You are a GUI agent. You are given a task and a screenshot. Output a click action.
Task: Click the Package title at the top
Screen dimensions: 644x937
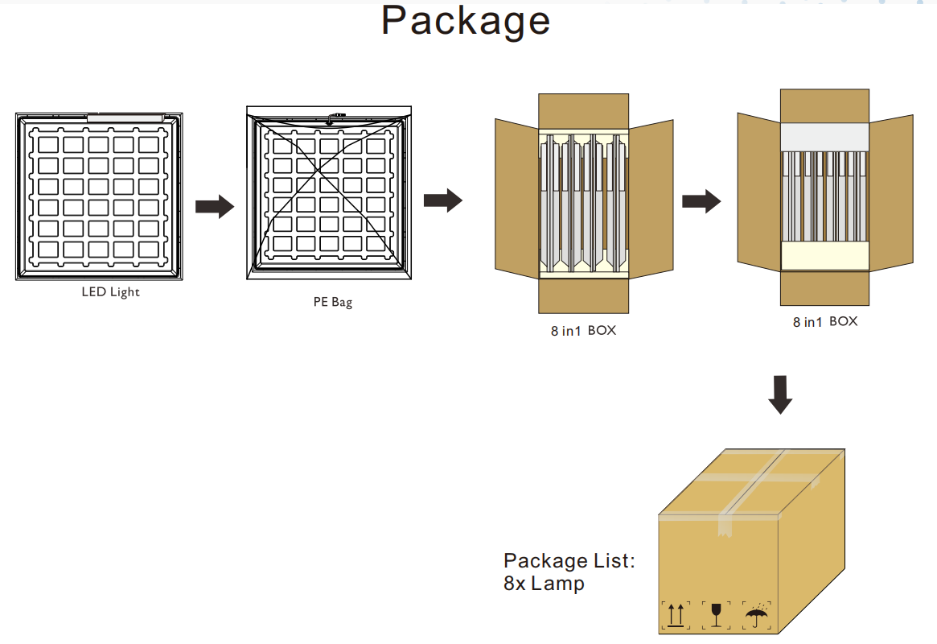pyautogui.click(x=466, y=22)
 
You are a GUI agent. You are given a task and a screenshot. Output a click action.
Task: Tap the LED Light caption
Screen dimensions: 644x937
pyautogui.click(x=110, y=292)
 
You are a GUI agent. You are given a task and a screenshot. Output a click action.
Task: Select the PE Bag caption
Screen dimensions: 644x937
pyautogui.click(x=333, y=303)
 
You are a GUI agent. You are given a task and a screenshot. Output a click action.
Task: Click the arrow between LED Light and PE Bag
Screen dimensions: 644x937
pyautogui.click(x=214, y=206)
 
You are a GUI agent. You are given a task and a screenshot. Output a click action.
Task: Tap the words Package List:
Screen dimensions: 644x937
pyautogui.click(x=569, y=561)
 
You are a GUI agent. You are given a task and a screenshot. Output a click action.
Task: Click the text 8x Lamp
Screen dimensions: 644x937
pyautogui.click(x=544, y=584)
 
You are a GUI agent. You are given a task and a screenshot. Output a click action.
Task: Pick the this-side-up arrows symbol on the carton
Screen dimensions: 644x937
pyautogui.click(x=675, y=615)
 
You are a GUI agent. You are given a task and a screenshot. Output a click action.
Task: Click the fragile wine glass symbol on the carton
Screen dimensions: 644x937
pyautogui.click(x=715, y=614)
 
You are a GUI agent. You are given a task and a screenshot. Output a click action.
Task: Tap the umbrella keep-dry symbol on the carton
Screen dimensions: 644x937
pyautogui.click(x=756, y=615)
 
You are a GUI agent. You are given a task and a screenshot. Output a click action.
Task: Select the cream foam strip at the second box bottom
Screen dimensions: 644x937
pyautogui.click(x=824, y=257)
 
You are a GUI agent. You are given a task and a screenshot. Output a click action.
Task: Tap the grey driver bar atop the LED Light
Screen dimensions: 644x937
pyautogui.click(x=125, y=118)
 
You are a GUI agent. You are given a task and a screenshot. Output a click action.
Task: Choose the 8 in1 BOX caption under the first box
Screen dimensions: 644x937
pyautogui.click(x=583, y=330)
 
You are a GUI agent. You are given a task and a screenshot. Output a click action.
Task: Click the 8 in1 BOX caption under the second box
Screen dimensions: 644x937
pyautogui.click(x=824, y=321)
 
